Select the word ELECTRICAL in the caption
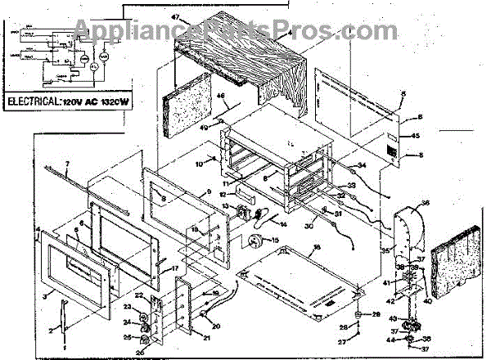click(35, 105)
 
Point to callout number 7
click(68, 168)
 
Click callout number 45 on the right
click(415, 136)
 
